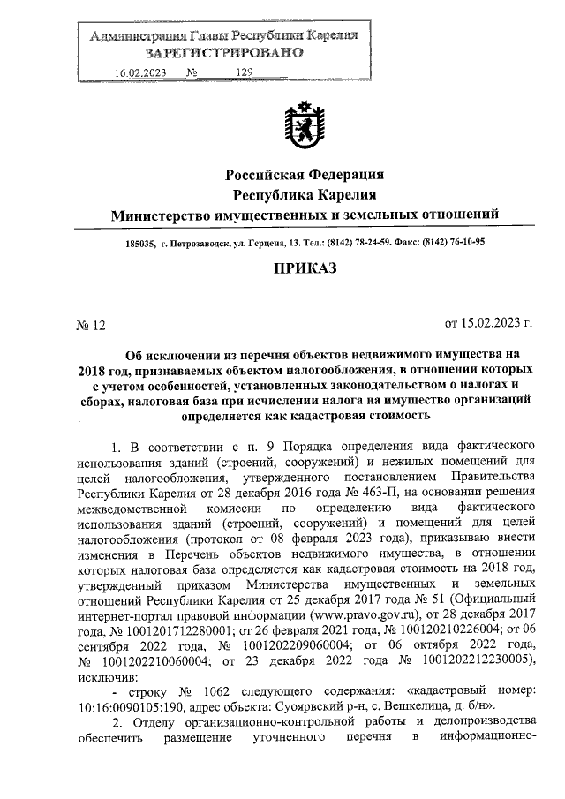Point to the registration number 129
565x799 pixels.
[x=245, y=74]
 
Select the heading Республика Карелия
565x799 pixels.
[x=305, y=194]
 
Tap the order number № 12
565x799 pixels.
[x=91, y=325]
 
